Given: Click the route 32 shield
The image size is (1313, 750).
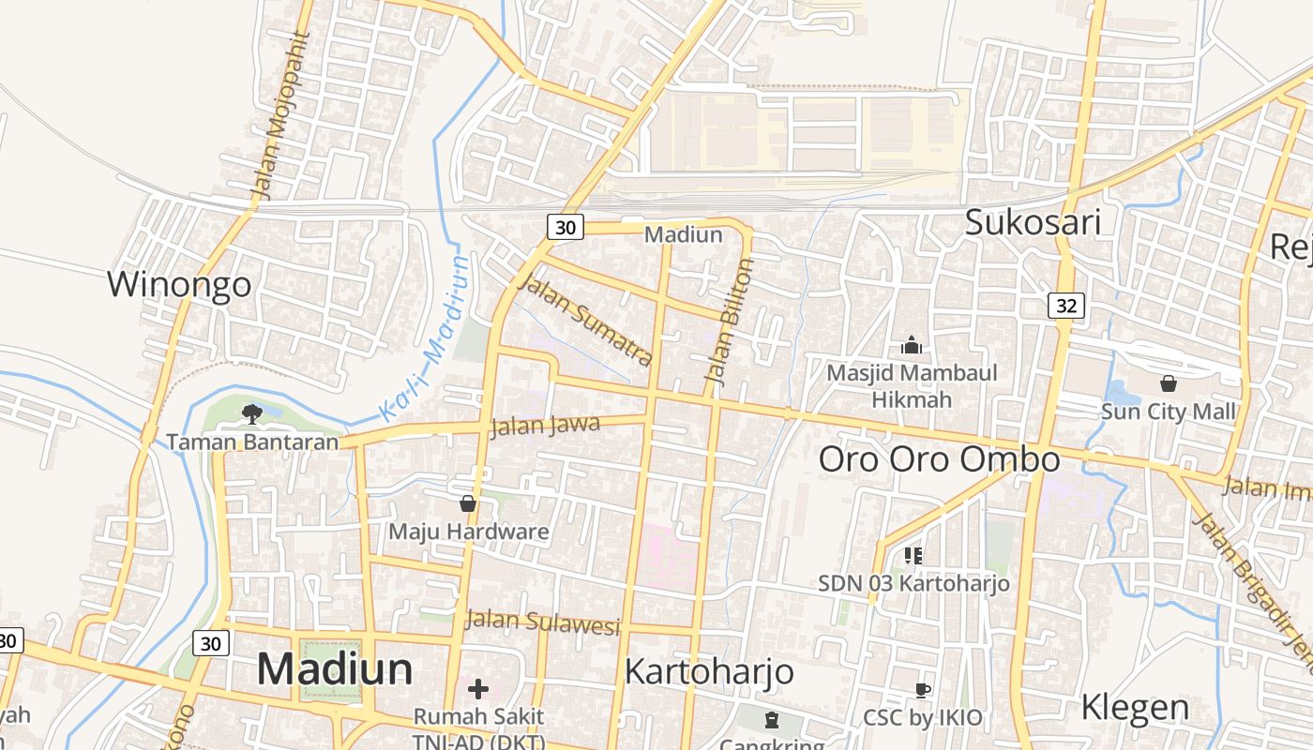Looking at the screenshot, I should click(x=1066, y=306).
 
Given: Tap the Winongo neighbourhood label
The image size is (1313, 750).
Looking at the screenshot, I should click(x=179, y=283).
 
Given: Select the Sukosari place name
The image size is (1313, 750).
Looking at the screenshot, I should click(x=1033, y=223).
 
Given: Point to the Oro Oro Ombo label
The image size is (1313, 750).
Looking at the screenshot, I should click(x=939, y=459).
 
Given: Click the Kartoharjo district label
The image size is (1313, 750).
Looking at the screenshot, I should click(x=709, y=671).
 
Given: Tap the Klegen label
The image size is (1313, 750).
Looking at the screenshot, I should click(x=1135, y=708).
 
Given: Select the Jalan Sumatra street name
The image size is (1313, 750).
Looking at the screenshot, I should click(x=585, y=320).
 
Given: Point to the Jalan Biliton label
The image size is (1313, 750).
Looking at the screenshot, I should click(x=730, y=322).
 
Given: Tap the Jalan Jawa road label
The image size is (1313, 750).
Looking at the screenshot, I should click(x=545, y=426).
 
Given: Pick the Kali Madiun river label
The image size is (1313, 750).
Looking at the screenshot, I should click(x=424, y=339).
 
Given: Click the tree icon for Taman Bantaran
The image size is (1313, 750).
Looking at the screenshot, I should click(x=251, y=413).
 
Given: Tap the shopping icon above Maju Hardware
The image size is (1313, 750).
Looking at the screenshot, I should click(x=468, y=504).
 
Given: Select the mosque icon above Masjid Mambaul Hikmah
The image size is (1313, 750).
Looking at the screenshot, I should click(x=912, y=346).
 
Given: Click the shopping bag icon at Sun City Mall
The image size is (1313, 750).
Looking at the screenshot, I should click(x=1169, y=383).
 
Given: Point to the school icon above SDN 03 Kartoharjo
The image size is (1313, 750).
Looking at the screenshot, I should click(x=913, y=556).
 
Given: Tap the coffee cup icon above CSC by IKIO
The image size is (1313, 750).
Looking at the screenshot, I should click(x=923, y=691).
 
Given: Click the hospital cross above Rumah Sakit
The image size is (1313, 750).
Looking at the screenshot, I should click(x=478, y=690).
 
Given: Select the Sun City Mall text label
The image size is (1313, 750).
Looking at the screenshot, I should click(x=1168, y=412).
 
